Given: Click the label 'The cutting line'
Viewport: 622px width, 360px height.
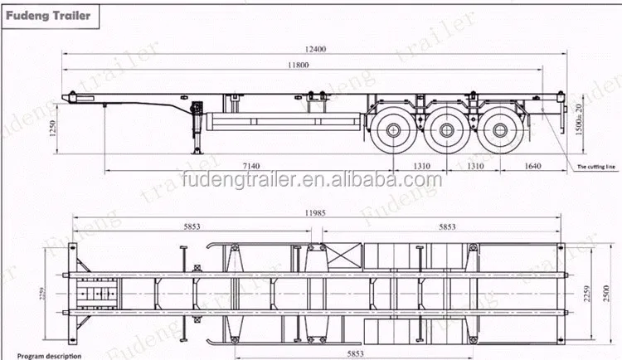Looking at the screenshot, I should [596, 168].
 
